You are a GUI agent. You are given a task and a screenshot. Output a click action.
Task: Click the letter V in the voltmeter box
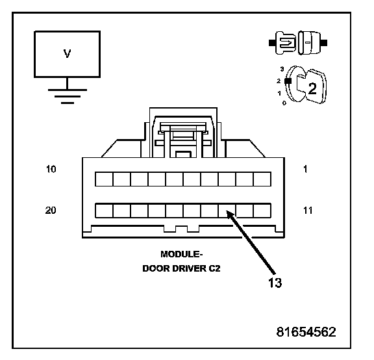point(68,54)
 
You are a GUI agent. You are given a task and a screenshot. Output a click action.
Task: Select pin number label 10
point(51,169)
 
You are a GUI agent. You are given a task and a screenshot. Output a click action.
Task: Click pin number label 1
point(305,169)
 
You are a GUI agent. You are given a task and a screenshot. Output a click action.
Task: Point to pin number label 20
point(51,211)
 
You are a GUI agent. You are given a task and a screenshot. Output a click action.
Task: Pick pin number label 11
point(308,211)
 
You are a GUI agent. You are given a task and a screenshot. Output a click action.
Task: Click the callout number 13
point(275,283)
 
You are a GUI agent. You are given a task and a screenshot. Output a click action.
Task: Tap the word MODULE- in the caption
point(182,254)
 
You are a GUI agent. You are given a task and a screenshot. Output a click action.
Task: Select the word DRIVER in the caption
point(190,268)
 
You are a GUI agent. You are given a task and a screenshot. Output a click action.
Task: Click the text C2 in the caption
point(214,268)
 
